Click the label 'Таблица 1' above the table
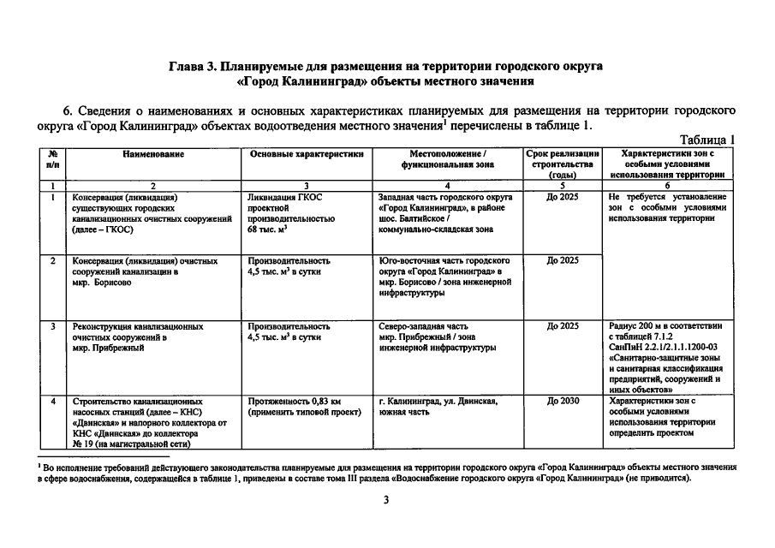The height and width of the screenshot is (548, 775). pyautogui.click(x=708, y=140)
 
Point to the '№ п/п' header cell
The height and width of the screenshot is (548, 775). pyautogui.click(x=53, y=158)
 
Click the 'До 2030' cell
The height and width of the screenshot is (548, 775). pyautogui.click(x=562, y=401)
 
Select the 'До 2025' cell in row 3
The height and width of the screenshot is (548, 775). pyautogui.click(x=562, y=326)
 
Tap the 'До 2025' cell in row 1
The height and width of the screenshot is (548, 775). pyautogui.click(x=562, y=196)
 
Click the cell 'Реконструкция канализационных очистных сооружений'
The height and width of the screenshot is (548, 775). pyautogui.click(x=138, y=337)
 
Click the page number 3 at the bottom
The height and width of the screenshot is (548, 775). pyautogui.click(x=387, y=500)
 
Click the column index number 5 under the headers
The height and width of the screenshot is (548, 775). pyautogui.click(x=562, y=185)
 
